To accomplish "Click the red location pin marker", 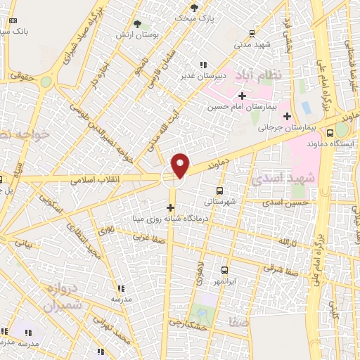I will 181,165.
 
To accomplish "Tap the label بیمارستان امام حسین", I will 238,108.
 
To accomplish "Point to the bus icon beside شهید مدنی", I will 252,32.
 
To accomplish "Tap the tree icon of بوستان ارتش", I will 137,23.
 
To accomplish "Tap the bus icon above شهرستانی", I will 220,191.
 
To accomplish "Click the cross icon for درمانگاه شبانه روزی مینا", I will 170,207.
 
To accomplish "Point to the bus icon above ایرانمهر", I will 224,271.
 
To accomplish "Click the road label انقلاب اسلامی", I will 96,180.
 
